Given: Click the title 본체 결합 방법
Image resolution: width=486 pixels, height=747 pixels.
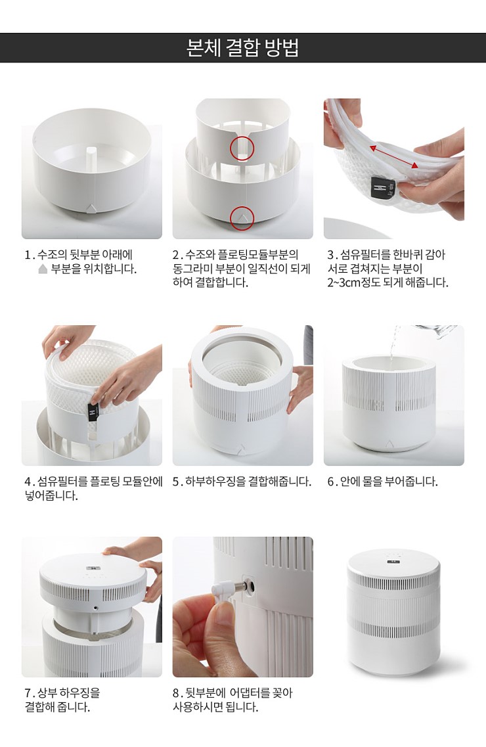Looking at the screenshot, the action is pyautogui.click(x=242, y=48).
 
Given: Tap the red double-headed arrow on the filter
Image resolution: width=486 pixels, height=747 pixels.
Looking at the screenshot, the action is pyautogui.click(x=394, y=156).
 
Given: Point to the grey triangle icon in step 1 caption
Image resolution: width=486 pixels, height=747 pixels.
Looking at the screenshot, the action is pyautogui.click(x=43, y=269).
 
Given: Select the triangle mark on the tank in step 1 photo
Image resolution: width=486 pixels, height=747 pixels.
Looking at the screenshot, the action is pyautogui.click(x=91, y=208).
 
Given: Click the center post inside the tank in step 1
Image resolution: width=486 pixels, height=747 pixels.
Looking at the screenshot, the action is pyautogui.click(x=92, y=156).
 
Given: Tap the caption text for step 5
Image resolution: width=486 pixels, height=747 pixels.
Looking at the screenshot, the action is pyautogui.click(x=242, y=482).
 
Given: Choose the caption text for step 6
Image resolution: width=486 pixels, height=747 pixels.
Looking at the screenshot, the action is pyautogui.click(x=382, y=482).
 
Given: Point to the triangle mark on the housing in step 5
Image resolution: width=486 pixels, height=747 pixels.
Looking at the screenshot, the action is pyautogui.click(x=242, y=448).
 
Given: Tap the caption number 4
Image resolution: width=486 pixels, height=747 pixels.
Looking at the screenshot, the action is pyautogui.click(x=28, y=482).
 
